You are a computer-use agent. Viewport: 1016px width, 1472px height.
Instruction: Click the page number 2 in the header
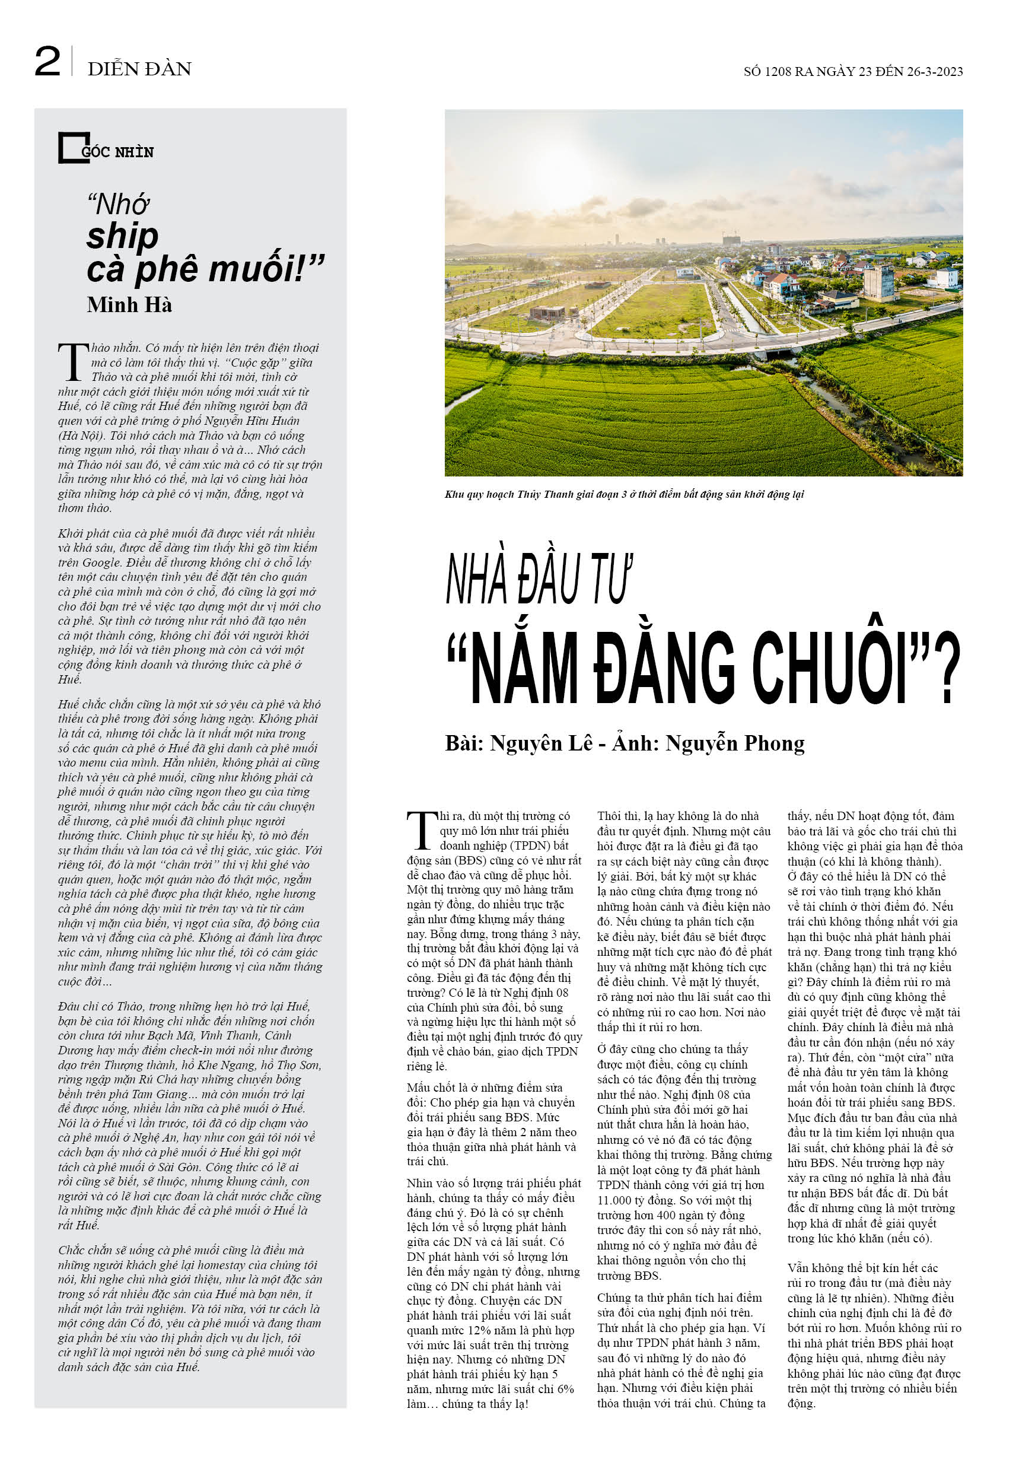click(x=47, y=62)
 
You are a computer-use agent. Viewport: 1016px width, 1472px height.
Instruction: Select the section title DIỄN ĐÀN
click(x=139, y=69)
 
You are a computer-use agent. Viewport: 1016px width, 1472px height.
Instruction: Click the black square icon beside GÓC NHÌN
click(x=71, y=148)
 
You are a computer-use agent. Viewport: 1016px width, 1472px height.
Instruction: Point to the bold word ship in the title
click(x=122, y=236)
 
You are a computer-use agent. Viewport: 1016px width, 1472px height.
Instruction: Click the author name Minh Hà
click(x=129, y=305)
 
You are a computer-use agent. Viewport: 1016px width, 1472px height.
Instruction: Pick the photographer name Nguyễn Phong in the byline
click(x=735, y=743)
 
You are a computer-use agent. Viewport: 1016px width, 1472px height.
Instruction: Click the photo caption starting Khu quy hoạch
click(x=624, y=494)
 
